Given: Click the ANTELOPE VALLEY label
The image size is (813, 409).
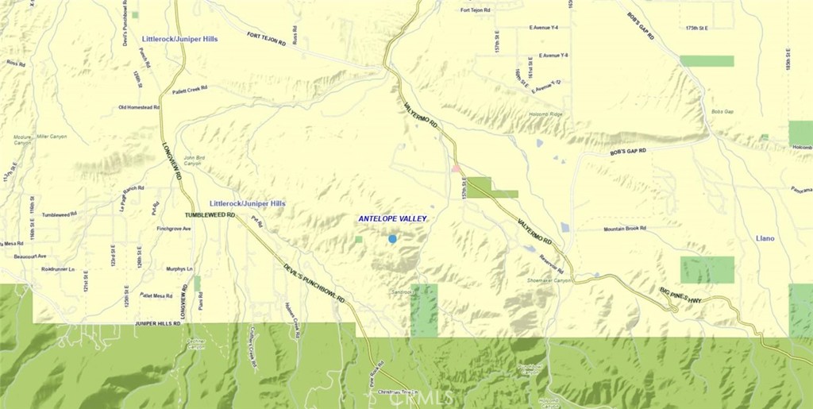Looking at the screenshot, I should coord(392,218).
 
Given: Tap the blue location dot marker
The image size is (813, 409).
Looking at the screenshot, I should coord(392,238).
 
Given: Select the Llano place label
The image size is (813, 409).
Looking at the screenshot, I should coord(765,238).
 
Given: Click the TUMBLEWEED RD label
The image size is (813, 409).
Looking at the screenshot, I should coord(210,215).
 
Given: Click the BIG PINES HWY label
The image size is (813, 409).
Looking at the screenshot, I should coord(680,295).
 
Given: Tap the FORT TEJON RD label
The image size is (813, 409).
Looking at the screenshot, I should coord(266,39).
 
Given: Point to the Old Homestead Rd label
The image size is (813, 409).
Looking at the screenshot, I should coord(139,107).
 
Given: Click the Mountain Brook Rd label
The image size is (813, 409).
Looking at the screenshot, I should coord(625,229).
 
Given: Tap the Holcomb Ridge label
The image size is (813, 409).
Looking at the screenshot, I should coord(545,114).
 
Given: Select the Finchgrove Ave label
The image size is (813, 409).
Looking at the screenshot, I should coord(174,229).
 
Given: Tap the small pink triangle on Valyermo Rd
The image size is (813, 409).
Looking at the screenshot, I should coord(456,168).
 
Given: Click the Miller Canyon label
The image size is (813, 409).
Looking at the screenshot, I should coord(52,137).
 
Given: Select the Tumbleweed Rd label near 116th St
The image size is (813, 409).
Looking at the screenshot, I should coord(59,214).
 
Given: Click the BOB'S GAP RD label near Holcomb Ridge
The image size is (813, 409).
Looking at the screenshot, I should coord(628,151).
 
